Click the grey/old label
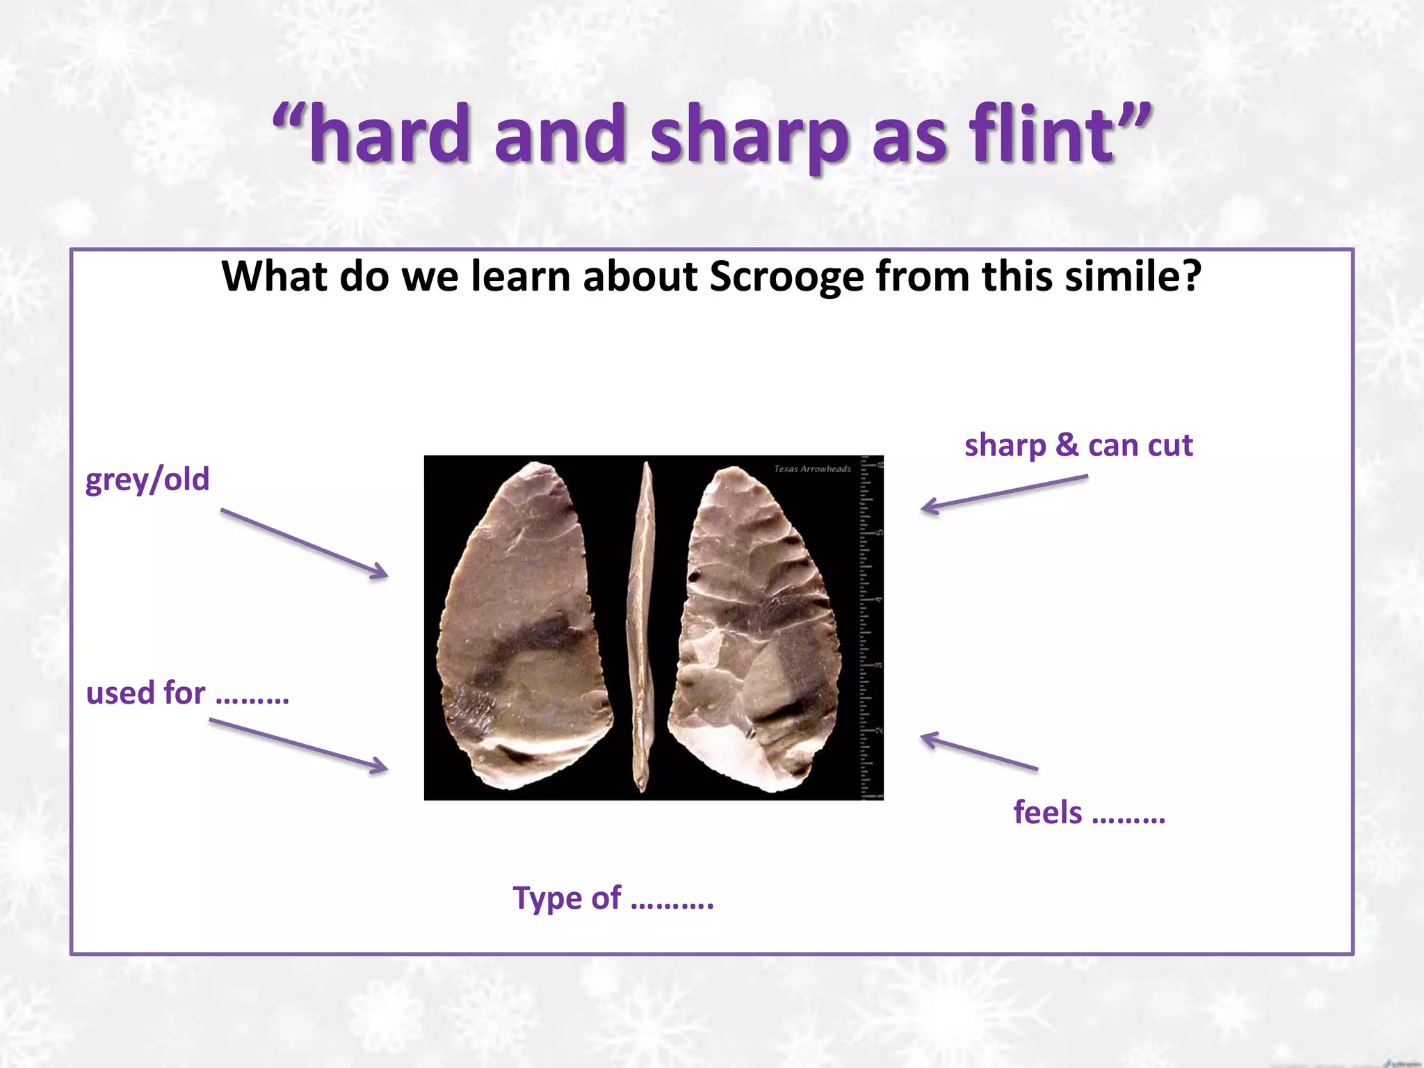[147, 480]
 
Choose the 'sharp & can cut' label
[1078, 445]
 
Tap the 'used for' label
[186, 693]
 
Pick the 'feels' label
[1088, 812]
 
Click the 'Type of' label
[613, 898]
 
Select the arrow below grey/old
[305, 543]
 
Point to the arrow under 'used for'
[298, 745]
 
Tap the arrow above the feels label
[978, 752]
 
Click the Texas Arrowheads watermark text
[811, 469]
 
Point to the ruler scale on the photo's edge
[871, 626]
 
